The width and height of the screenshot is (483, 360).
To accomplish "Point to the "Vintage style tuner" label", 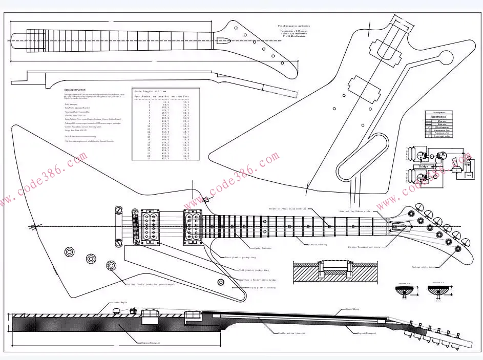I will [425, 267].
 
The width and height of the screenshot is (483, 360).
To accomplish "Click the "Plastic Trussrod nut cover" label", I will [364, 246].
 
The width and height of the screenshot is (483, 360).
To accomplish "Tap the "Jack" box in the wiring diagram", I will [468, 175].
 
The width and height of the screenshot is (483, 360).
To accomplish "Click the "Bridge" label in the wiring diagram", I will [424, 166].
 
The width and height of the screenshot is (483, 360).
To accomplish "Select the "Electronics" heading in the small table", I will [438, 117].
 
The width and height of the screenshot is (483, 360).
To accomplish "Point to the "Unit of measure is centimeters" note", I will [295, 26].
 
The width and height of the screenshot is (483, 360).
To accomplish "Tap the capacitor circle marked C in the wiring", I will [432, 155].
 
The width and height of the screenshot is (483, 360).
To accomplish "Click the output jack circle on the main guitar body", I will [221, 282].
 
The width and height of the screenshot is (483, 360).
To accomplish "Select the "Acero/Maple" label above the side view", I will [120, 303].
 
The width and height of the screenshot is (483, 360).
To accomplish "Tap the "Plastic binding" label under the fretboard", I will [317, 245].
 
